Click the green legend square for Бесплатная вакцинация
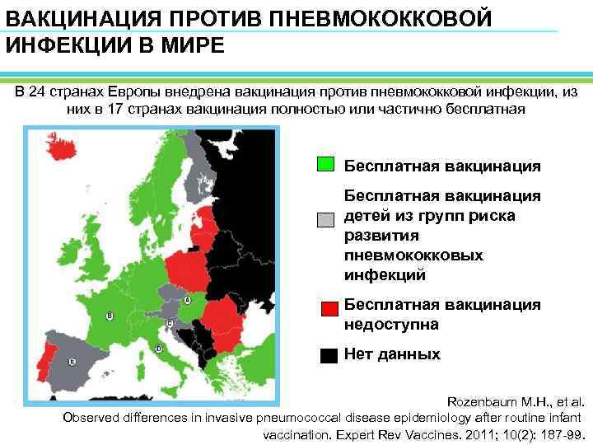[x=325, y=164]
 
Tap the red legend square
[x=329, y=309]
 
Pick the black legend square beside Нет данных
[x=329, y=356]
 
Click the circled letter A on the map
[x=187, y=301]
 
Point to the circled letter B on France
[x=110, y=315]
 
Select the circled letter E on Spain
[x=72, y=361]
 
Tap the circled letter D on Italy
[x=158, y=349]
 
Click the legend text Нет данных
[x=391, y=354]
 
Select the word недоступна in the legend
[x=390, y=324]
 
